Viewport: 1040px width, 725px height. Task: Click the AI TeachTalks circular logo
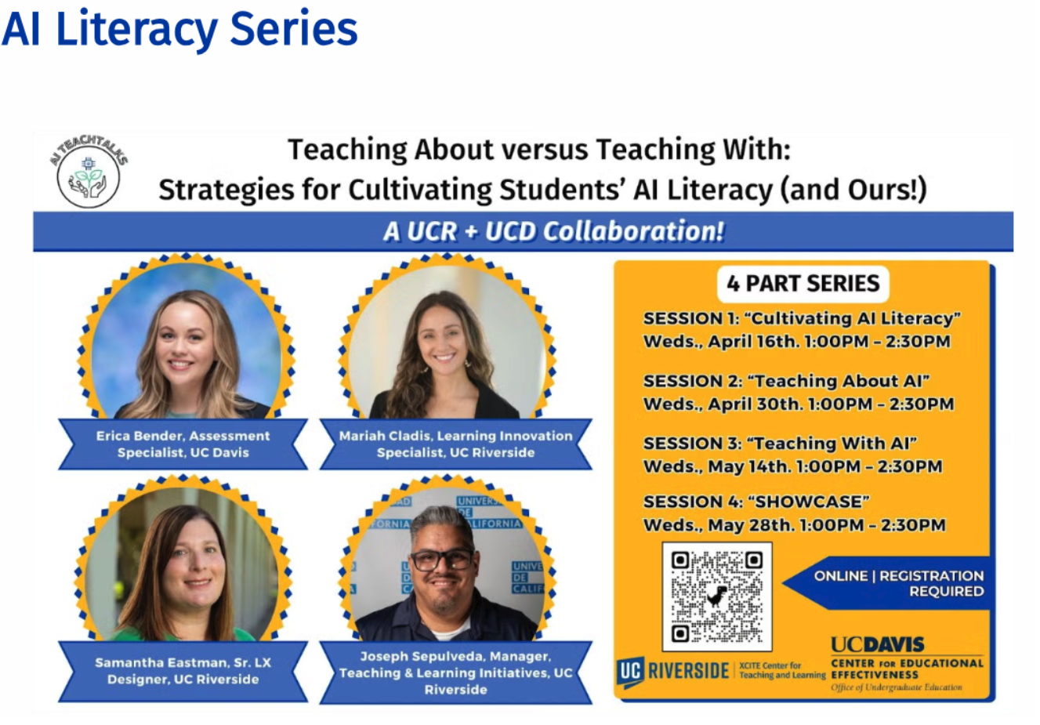pos(89,171)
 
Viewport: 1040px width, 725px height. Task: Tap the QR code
pos(717,596)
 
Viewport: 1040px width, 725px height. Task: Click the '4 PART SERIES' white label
pos(803,283)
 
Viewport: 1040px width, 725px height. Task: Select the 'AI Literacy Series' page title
pos(179,30)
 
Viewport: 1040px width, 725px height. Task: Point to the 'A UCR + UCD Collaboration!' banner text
pos(553,231)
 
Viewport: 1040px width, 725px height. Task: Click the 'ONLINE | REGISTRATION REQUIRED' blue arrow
pos(887,583)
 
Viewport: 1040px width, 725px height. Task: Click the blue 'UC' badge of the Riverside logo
pos(630,672)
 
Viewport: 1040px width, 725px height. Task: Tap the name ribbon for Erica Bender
pos(183,444)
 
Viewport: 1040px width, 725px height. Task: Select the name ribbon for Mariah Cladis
pos(455,444)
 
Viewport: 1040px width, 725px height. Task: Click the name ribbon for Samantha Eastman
pos(183,671)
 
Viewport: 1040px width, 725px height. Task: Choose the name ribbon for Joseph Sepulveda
pos(455,672)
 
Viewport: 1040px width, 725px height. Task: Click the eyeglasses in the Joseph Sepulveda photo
pos(441,559)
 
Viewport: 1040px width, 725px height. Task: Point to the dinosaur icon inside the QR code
pos(717,596)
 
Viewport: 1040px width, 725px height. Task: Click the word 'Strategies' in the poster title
pos(226,190)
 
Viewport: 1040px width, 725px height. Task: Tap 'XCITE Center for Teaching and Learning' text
pos(782,670)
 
